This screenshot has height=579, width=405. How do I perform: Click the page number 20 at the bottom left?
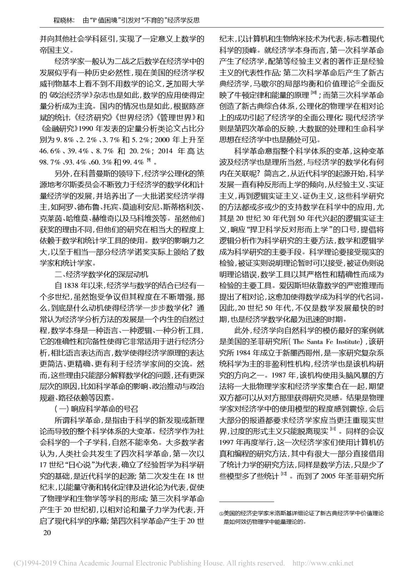[x=47, y=533]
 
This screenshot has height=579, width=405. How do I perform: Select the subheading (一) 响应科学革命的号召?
[x=96, y=409]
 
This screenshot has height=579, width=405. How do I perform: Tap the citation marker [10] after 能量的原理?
[x=313, y=94]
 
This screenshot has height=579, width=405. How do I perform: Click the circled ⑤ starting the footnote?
[x=221, y=514]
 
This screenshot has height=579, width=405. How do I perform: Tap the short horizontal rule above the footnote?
[x=246, y=501]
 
